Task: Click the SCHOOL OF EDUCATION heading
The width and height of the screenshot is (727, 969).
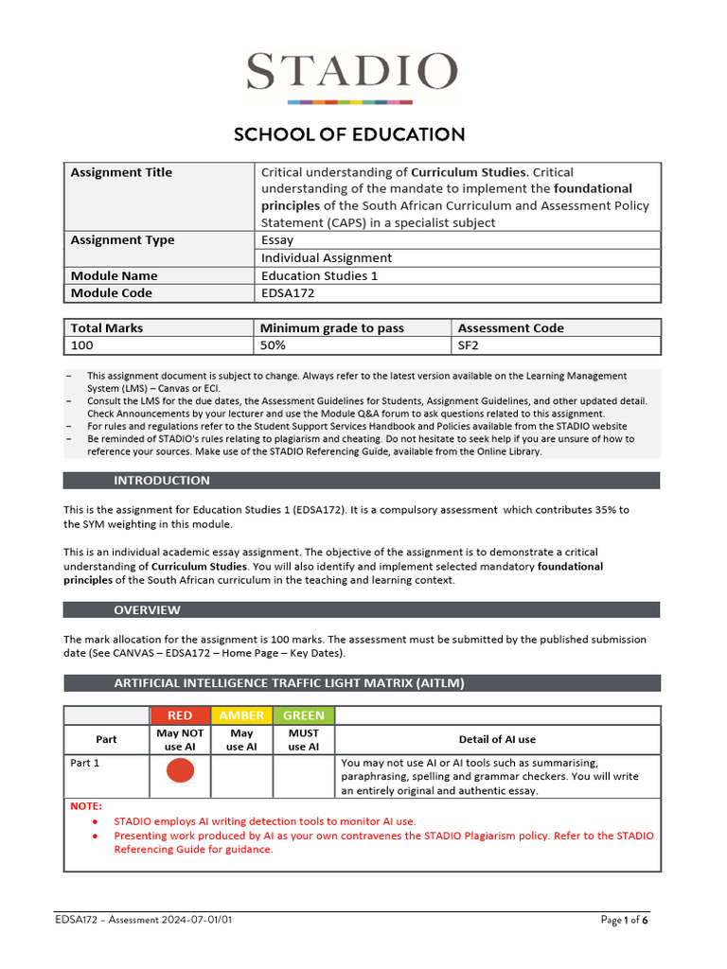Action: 349,134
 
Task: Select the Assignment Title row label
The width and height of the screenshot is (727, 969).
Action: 121,172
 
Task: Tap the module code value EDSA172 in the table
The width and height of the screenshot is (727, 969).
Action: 288,293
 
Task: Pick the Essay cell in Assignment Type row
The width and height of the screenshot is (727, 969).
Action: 277,240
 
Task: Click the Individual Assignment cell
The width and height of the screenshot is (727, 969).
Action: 327,257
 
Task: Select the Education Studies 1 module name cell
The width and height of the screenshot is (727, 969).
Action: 313,275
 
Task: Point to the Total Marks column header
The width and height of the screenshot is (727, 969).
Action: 107,328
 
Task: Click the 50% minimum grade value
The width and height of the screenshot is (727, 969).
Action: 274,346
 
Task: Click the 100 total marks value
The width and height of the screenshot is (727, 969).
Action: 82,346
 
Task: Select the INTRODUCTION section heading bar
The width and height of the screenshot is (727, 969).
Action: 362,481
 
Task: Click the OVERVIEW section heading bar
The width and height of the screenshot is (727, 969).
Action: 362,610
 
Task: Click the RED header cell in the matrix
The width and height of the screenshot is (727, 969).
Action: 180,715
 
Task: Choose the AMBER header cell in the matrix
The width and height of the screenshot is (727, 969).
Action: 241,715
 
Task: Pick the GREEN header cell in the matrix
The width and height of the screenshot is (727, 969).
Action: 304,715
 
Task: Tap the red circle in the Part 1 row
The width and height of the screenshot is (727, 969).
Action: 180,771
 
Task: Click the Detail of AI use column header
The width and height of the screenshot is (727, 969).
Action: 498,739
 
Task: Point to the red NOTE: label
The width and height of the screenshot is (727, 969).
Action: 86,806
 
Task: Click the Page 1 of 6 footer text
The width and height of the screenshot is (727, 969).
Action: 625,920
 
